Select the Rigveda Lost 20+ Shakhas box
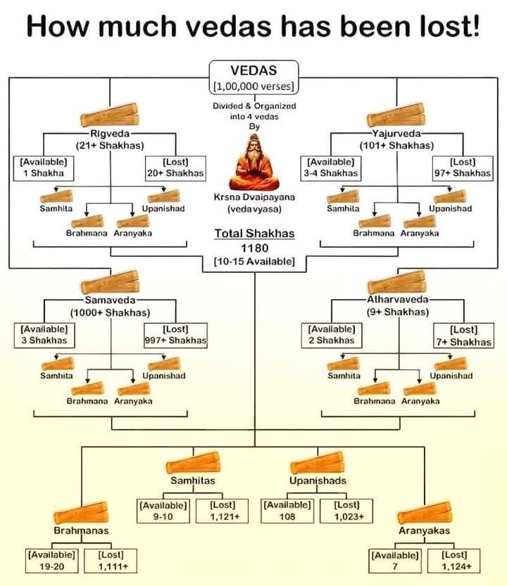click(x=174, y=167)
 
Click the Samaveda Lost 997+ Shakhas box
click(x=175, y=334)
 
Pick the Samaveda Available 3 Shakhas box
click(x=44, y=334)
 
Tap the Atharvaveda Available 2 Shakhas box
click(x=331, y=334)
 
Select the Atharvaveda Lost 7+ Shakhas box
click(x=463, y=336)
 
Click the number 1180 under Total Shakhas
click(x=254, y=248)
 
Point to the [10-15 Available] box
click(x=254, y=262)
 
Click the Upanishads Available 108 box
click(x=287, y=511)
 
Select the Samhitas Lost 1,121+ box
click(x=225, y=511)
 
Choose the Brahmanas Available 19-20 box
click(x=51, y=560)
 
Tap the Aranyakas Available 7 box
click(x=396, y=560)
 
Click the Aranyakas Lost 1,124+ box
click(x=457, y=560)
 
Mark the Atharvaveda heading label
click(x=397, y=299)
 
